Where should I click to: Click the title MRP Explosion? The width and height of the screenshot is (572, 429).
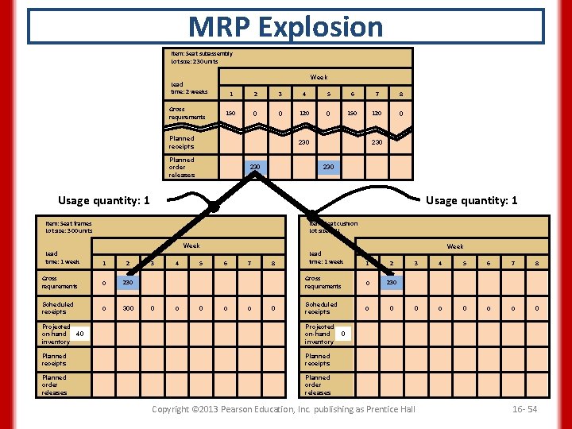(x=286, y=26)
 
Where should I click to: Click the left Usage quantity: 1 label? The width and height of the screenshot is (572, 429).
(x=104, y=200)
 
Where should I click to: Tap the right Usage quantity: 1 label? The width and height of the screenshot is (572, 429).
(x=472, y=200)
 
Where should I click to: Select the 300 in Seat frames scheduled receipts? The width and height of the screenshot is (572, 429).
(x=127, y=307)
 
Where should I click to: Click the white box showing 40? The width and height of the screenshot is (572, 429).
(x=80, y=334)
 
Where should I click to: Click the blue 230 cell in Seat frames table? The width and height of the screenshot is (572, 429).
(x=127, y=282)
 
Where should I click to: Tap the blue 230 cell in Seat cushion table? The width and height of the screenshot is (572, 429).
(x=391, y=282)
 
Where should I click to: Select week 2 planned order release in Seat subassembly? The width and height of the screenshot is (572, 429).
(x=255, y=167)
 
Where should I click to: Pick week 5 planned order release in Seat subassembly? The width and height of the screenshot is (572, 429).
(x=327, y=167)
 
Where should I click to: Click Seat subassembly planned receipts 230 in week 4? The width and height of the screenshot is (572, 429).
(x=303, y=142)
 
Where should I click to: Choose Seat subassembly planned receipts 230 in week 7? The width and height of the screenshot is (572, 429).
(x=376, y=142)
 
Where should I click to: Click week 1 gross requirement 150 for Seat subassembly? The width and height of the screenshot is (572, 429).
(x=230, y=114)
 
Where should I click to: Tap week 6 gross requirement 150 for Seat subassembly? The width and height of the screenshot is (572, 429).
(x=352, y=114)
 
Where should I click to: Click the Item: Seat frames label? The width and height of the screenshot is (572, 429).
(x=69, y=226)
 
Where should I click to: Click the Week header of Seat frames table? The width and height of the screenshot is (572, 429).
(x=191, y=245)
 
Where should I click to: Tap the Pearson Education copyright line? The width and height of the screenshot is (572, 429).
(x=284, y=408)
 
